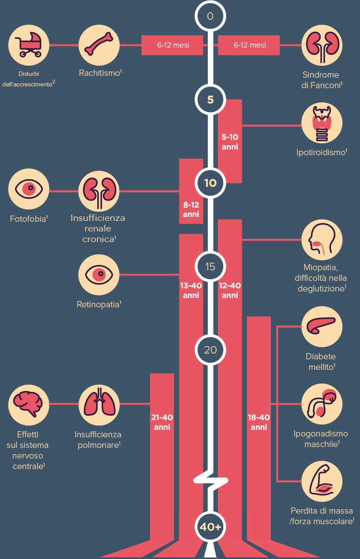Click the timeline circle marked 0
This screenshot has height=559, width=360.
click(210, 16)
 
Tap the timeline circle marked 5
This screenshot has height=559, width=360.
click(210, 100)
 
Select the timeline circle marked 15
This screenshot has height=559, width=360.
click(210, 266)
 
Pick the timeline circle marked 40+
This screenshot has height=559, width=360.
click(210, 527)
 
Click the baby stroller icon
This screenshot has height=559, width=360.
click(28, 45)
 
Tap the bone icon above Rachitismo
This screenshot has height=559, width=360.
click(99, 45)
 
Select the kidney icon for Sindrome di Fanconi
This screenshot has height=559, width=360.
click(322, 45)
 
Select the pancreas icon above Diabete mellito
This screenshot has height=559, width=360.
click(322, 327)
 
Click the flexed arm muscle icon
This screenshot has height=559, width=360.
click(322, 481)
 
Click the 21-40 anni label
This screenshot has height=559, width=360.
click(162, 422)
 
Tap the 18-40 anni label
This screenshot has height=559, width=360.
click(259, 422)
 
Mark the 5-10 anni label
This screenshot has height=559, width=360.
click(230, 142)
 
